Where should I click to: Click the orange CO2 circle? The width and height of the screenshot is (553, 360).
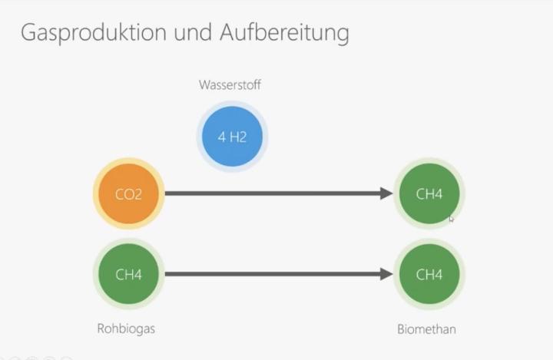click(x=129, y=193)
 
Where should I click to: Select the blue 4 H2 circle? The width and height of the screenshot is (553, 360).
click(x=232, y=137)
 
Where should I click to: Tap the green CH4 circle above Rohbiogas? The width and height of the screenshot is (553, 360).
click(x=129, y=274)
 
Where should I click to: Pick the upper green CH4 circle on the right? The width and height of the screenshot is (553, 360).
click(x=429, y=193)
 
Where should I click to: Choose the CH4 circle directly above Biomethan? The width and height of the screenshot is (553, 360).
click(x=429, y=274)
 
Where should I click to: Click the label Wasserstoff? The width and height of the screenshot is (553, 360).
click(x=230, y=85)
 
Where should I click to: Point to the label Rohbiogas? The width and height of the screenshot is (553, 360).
click(x=126, y=329)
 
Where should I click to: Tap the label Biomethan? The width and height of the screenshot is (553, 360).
click(x=427, y=329)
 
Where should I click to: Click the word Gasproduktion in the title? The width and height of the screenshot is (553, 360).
click(x=94, y=33)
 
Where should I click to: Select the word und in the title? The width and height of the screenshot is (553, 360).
click(x=194, y=32)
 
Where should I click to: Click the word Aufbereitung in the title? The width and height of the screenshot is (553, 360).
click(x=285, y=33)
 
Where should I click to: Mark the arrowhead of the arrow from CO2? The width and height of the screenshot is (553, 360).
click(x=387, y=193)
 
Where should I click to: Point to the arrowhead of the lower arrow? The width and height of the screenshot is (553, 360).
click(x=387, y=274)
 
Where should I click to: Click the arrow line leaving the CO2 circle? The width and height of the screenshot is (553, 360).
click(x=279, y=193)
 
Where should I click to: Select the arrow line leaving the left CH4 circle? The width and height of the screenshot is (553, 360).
click(x=279, y=274)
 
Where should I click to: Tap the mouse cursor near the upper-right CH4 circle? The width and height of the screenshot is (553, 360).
click(x=451, y=219)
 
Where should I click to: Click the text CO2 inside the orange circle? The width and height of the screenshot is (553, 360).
click(x=128, y=194)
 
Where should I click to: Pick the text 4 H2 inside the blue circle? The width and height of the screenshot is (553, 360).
click(x=232, y=137)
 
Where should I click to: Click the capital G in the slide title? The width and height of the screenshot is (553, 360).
click(x=28, y=32)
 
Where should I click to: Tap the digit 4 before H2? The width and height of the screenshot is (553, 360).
click(x=221, y=137)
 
